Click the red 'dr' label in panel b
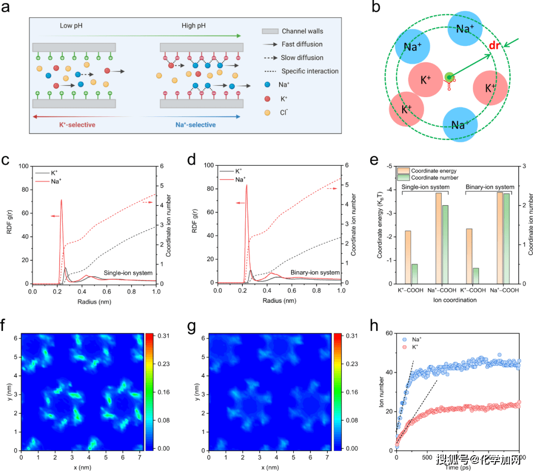point(495,46)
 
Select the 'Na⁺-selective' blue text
point(195,125)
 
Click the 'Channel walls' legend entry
point(302,31)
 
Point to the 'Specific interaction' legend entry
point(309,71)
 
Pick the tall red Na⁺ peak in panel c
point(61,200)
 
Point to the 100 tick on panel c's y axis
point(23,166)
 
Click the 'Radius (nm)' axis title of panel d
point(278,299)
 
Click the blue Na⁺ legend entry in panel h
point(412,340)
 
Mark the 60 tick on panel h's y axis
point(389,334)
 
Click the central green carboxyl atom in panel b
point(449,77)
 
